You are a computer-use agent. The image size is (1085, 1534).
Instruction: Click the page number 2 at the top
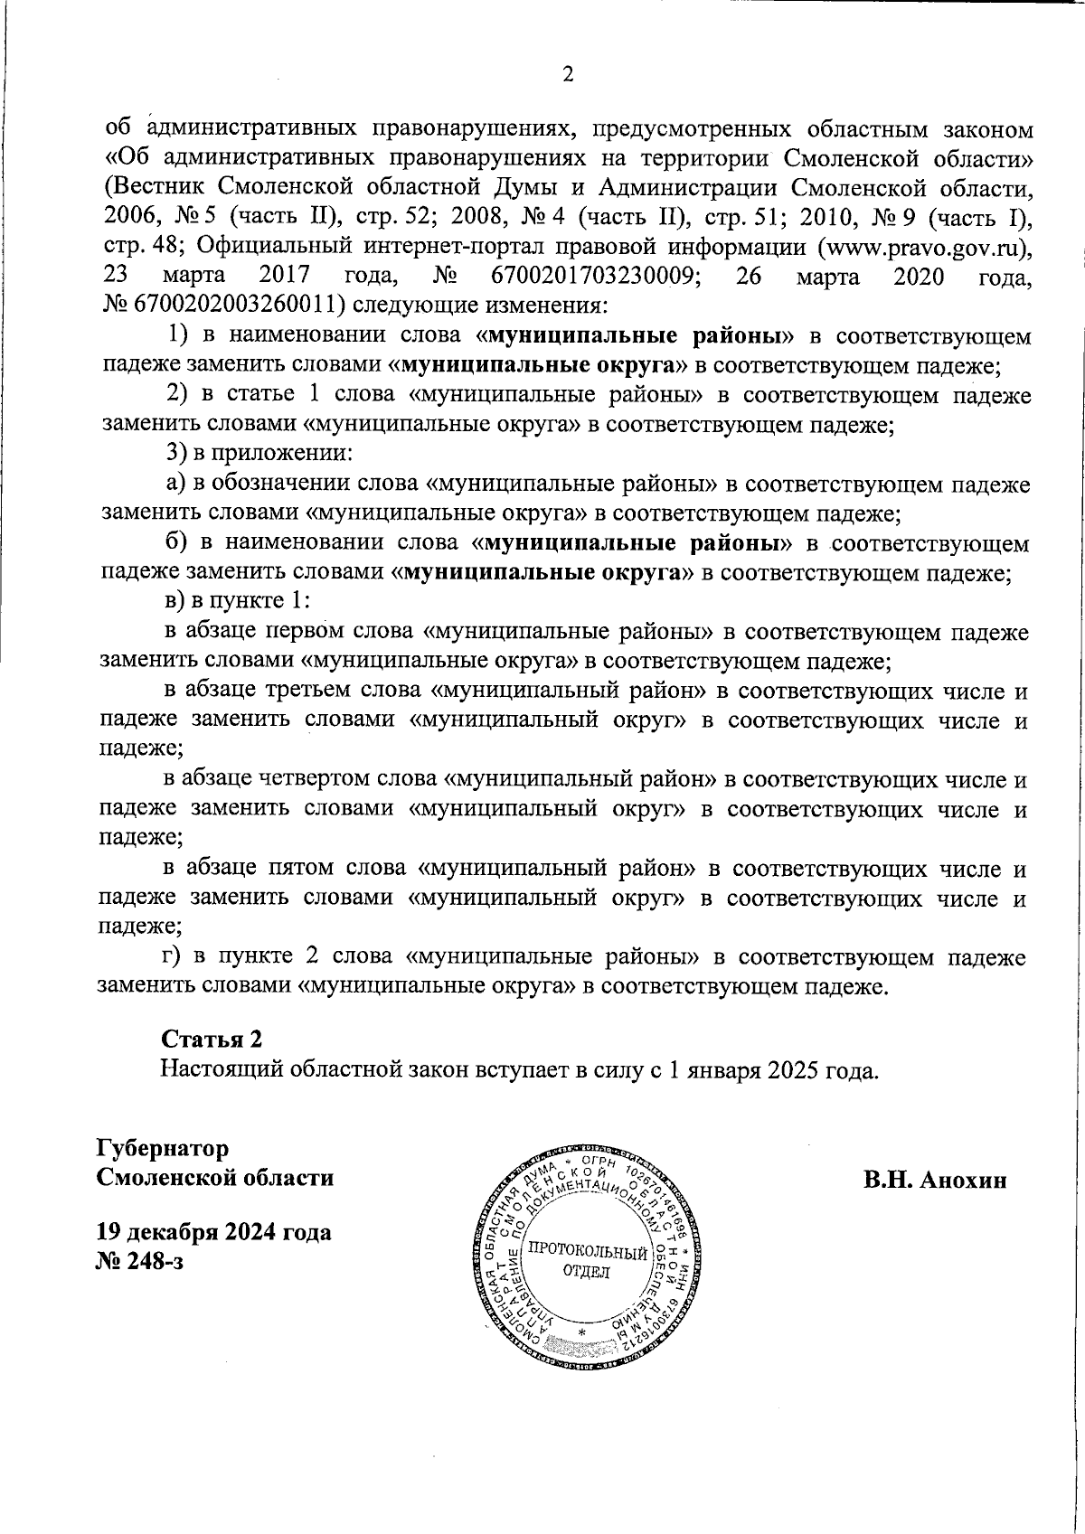(x=568, y=76)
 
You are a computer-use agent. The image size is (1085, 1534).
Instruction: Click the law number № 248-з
(x=139, y=1262)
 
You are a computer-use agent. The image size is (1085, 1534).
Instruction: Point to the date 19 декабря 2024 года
(x=213, y=1232)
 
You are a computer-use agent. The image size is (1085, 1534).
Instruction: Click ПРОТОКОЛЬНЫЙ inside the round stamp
(x=588, y=1252)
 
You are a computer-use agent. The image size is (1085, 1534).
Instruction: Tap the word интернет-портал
(x=441, y=248)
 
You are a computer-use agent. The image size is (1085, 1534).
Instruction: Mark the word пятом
(x=303, y=869)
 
